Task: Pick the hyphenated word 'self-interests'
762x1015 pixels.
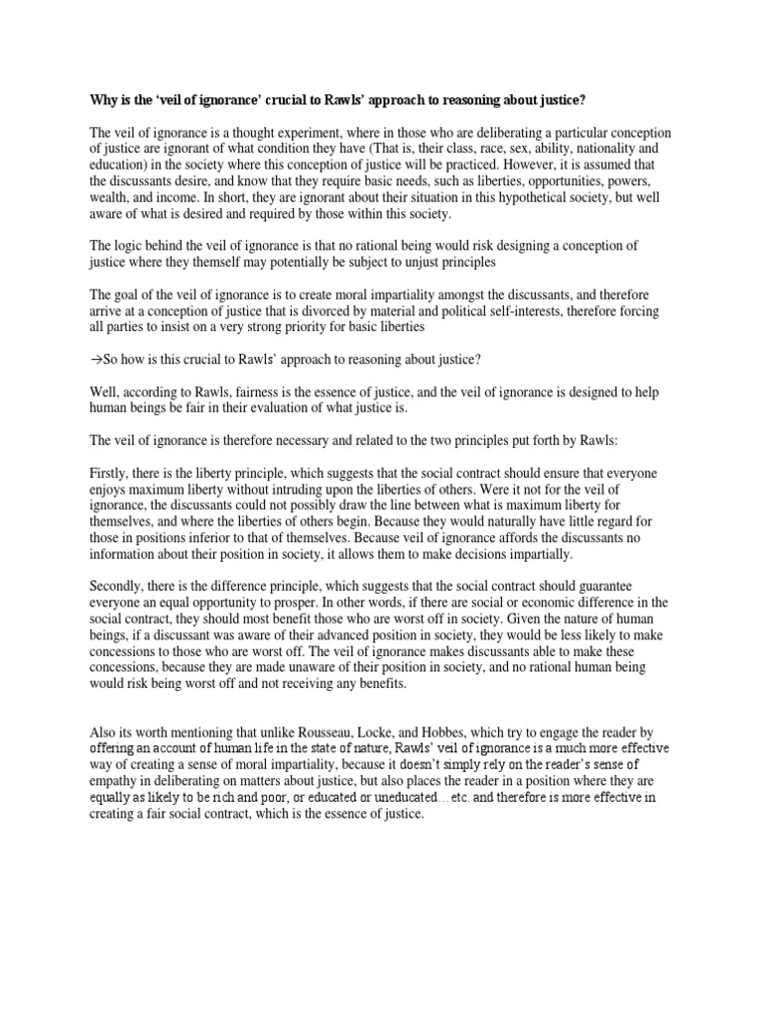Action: point(558,310)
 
